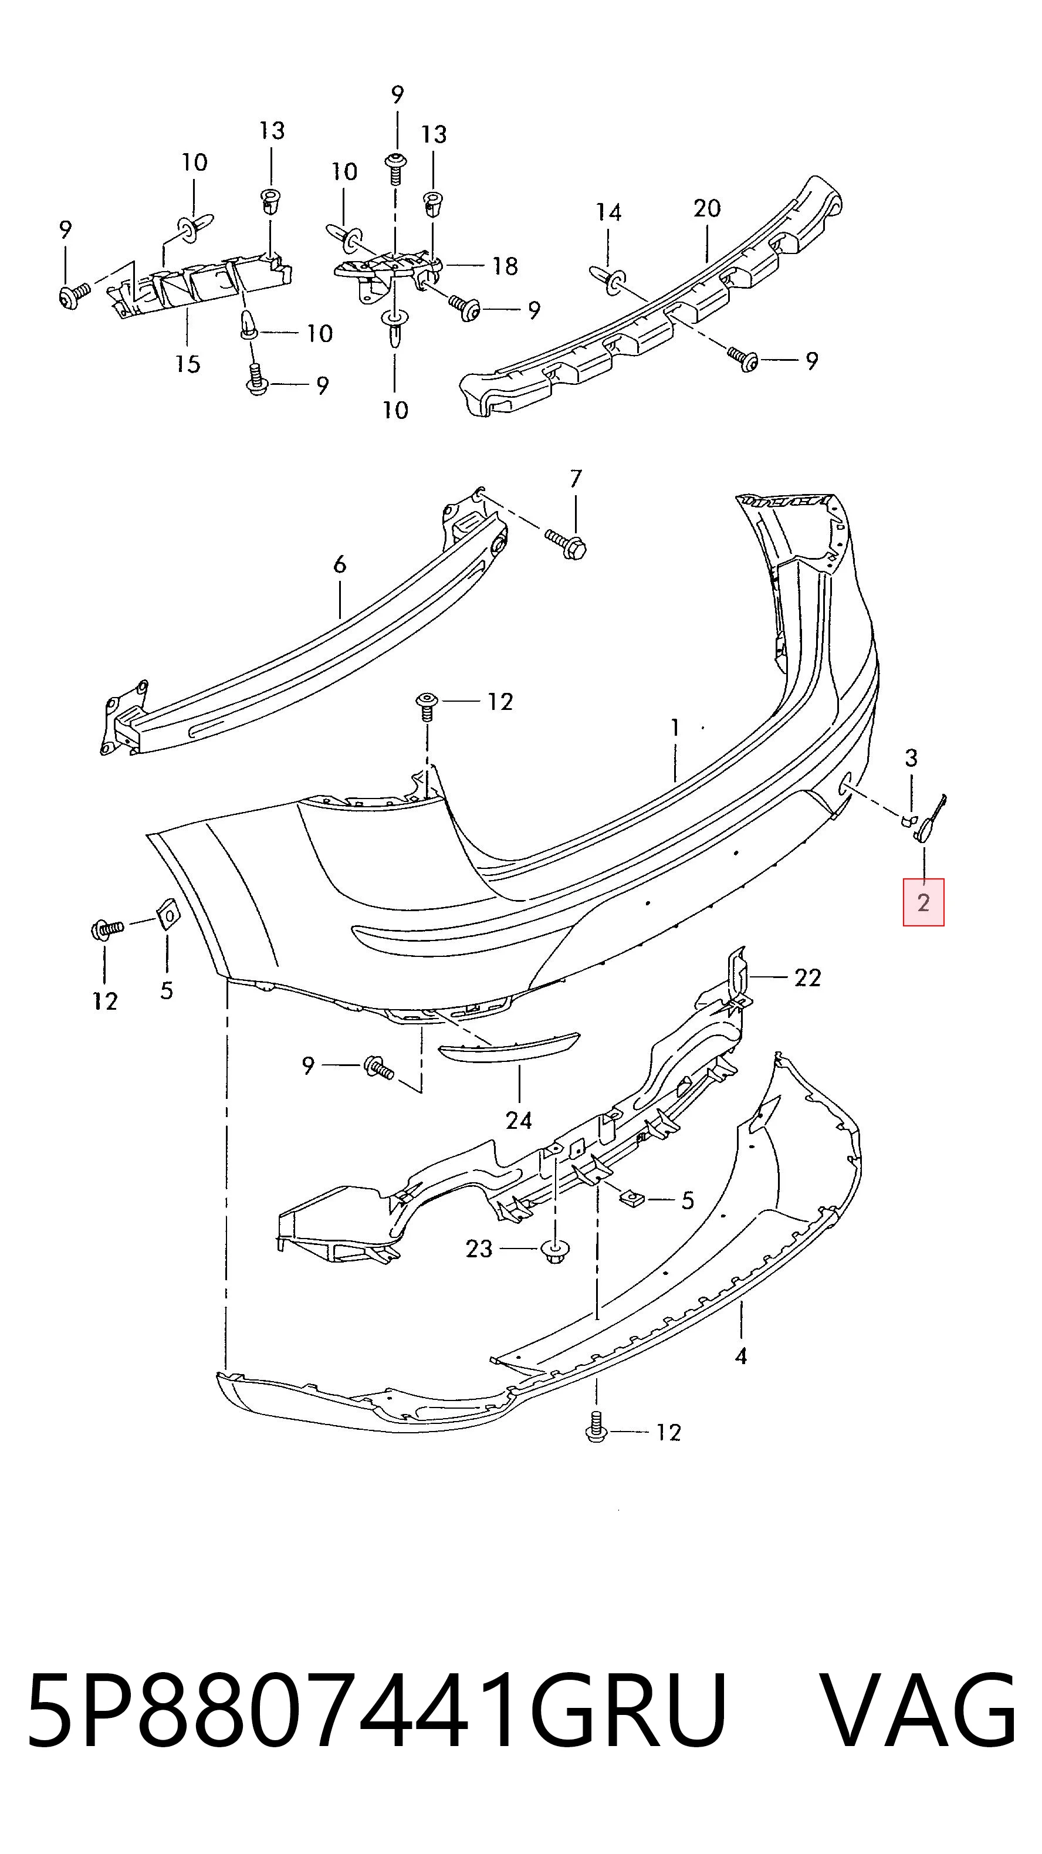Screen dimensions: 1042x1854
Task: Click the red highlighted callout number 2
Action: [923, 902]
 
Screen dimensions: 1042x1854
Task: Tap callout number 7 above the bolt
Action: [575, 479]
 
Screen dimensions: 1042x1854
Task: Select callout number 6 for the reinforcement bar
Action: [340, 564]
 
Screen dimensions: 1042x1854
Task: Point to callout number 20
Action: [706, 209]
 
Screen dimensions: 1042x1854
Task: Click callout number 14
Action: [608, 212]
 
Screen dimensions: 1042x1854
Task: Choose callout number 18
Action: [505, 266]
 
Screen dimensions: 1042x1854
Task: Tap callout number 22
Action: [807, 977]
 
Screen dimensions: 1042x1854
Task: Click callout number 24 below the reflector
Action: [518, 1120]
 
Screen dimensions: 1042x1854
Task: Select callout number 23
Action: [479, 1249]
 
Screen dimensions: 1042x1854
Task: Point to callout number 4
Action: [740, 1356]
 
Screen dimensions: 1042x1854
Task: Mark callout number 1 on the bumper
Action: [675, 728]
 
